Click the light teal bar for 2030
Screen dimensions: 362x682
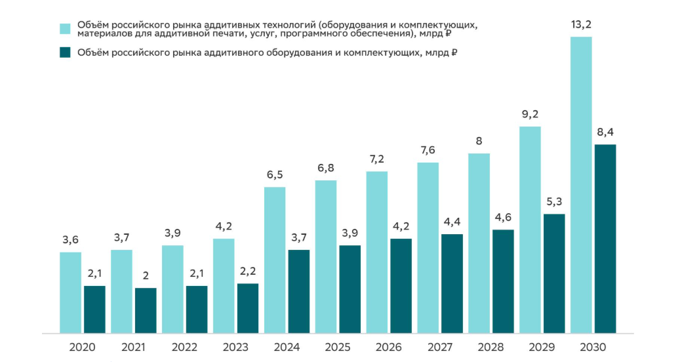(x=581, y=185)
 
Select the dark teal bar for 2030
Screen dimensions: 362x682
(x=605, y=239)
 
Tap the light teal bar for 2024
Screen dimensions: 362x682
(x=275, y=260)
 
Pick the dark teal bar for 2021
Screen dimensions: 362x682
(x=146, y=310)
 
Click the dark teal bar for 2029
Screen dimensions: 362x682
(x=554, y=273)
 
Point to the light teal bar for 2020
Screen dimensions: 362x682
(x=70, y=292)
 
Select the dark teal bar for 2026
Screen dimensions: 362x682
(x=401, y=285)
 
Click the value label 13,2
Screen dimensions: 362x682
(x=581, y=26)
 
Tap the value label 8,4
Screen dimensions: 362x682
(x=605, y=133)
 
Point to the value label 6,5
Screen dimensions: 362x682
(x=275, y=176)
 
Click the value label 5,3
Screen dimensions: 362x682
(x=554, y=203)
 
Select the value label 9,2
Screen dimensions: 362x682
(x=530, y=115)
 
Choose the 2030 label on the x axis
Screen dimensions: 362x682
(x=593, y=348)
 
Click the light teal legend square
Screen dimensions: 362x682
(x=65, y=28)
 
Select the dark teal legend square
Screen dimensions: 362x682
(x=65, y=52)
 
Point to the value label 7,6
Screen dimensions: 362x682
(x=428, y=151)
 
